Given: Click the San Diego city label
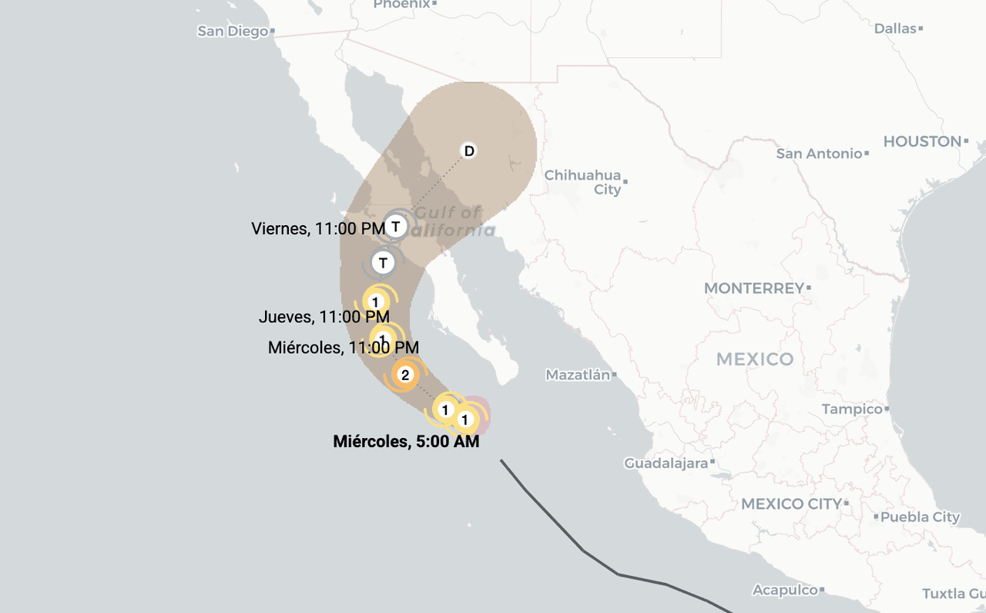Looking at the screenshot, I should pos(233,32).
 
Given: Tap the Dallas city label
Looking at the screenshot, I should pos(895,29).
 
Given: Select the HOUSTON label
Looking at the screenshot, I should pos(922,142).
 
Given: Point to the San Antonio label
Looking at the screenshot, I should pos(819,153).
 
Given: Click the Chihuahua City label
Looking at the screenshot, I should pos(582,182).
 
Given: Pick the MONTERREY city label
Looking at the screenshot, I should pos(754,288).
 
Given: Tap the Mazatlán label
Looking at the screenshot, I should pos(578,376).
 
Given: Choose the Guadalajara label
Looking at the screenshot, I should pos(666,463).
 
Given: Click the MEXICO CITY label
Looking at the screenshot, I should pos(791,504).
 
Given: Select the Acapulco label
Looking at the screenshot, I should pos(785,590).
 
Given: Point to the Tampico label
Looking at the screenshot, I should pos(851,409).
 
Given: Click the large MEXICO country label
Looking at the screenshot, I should pos(754,359).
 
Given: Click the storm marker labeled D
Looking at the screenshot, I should pos(468,150).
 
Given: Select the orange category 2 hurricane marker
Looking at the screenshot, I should pos(405,376).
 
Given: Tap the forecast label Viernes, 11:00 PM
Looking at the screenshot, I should pos(318,228).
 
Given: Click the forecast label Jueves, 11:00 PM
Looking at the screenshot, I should pos(324,317).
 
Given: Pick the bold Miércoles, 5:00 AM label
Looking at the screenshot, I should pos(406,442).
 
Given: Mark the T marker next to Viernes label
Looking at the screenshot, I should pos(396,227).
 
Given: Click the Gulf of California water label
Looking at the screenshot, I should pos(451,221).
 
